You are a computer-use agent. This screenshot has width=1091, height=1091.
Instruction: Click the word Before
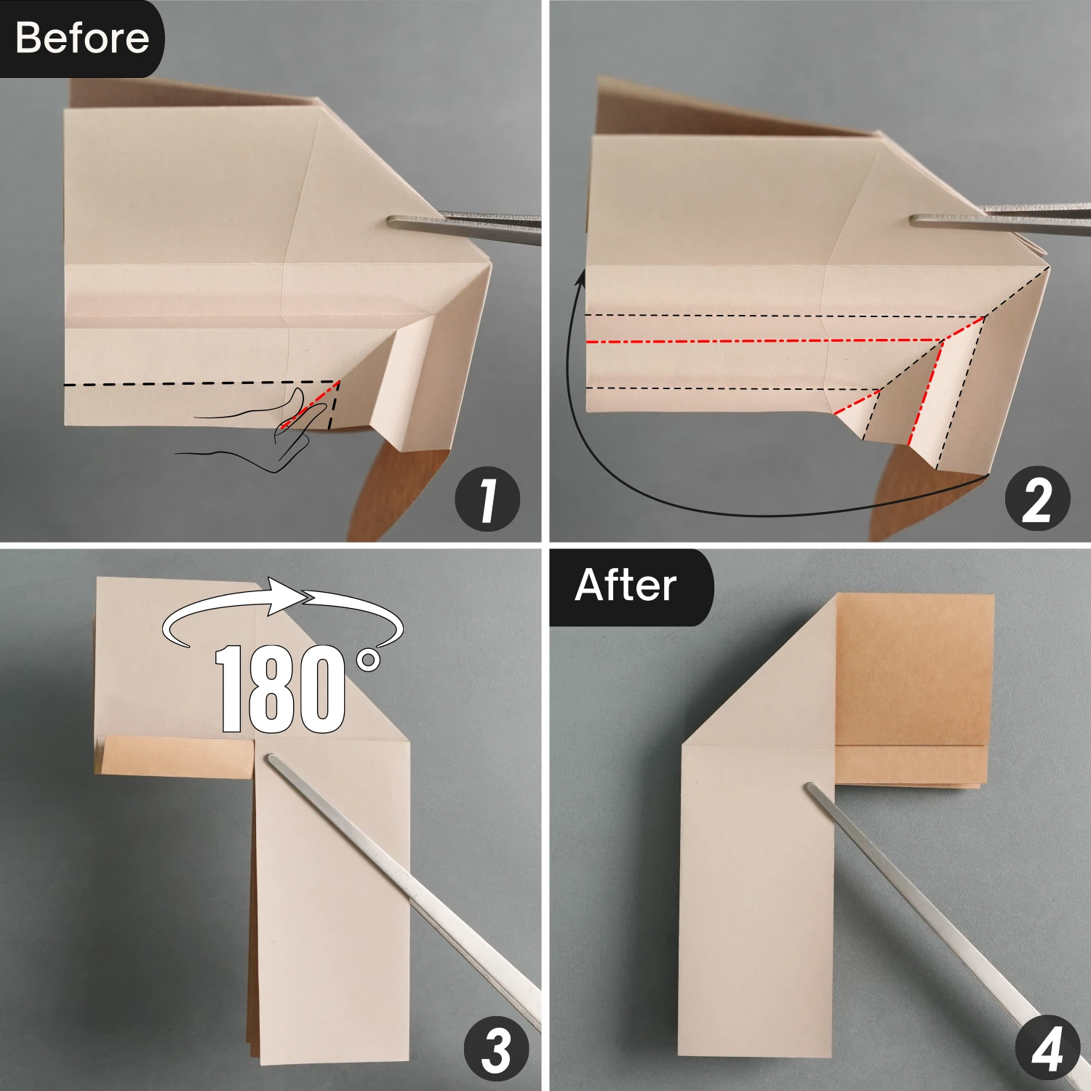(x=82, y=38)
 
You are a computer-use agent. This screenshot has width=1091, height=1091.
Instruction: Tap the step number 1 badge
(x=487, y=499)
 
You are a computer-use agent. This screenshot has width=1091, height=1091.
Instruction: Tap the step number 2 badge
(x=1037, y=499)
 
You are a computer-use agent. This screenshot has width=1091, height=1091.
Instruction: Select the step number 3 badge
(x=497, y=1050)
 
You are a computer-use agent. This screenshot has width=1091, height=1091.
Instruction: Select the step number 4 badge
(x=1047, y=1050)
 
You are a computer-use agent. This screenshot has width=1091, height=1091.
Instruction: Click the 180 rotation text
(x=280, y=689)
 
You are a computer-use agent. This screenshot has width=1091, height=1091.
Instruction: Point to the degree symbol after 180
(x=369, y=660)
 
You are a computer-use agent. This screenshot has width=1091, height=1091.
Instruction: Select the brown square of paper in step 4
(x=915, y=669)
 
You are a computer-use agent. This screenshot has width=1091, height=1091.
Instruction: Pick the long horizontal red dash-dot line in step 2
(x=764, y=340)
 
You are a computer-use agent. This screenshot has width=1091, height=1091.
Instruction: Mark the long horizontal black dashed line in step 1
(x=201, y=383)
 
